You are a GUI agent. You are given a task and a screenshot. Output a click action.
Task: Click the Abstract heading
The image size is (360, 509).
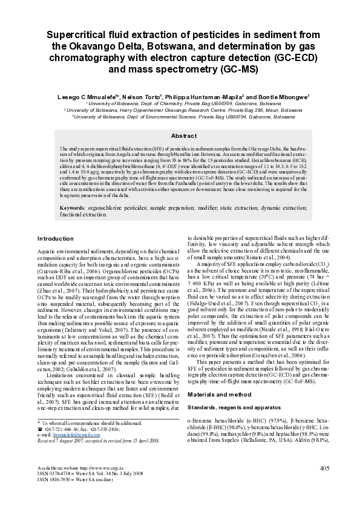tap(180, 136)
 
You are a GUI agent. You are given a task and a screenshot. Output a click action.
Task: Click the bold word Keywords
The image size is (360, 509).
tap(73, 207)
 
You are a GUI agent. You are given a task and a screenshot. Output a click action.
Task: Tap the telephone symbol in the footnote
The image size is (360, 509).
tap(39, 429)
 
